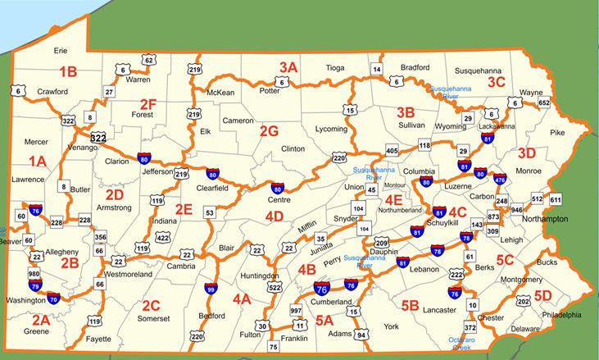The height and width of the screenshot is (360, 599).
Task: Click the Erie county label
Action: coord(61,51)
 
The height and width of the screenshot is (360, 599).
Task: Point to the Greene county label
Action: coord(36,332)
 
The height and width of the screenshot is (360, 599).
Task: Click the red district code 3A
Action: coord(288,66)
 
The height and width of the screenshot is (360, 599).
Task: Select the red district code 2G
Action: coord(269,130)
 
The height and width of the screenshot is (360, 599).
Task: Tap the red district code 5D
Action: coord(542,295)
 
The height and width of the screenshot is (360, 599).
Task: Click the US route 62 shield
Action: coord(148,60)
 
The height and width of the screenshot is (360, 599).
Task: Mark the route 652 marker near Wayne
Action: coord(544,103)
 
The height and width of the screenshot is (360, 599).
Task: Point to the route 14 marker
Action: coord(377,69)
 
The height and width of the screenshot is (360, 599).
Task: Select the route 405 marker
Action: coord(391,151)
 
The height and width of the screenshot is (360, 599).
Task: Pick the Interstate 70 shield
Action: coord(53,300)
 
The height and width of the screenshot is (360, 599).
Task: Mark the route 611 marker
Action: coord(556,200)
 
